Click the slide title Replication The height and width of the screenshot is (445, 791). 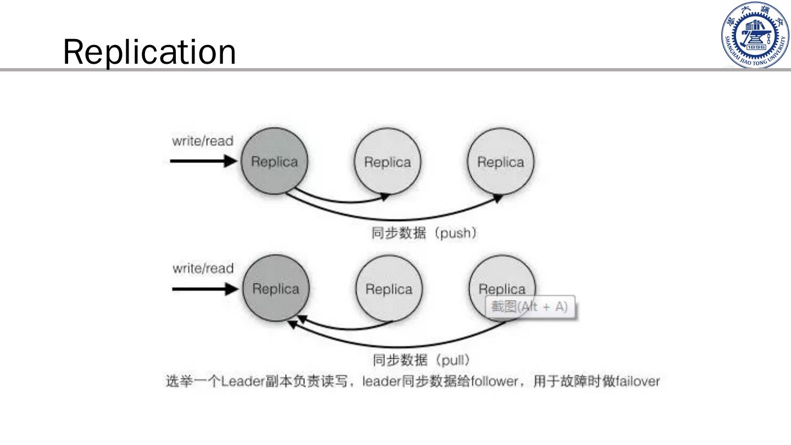coord(149,52)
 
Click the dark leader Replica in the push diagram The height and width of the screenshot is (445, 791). coord(274,162)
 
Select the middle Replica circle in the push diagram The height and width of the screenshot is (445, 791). coord(387,162)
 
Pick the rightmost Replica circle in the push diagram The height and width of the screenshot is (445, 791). coord(500,162)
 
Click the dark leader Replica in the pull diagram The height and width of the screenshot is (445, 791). coord(275,289)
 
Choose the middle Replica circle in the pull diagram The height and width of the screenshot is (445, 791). coord(389,289)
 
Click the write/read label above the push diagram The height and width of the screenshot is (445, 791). coord(203,141)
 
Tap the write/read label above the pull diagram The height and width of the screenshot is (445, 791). coord(203,269)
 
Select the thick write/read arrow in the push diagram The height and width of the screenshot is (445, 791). coord(203,161)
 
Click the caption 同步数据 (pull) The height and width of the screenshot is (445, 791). coord(421,360)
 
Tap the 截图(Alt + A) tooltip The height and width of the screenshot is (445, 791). coord(529,307)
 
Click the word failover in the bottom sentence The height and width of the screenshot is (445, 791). coord(637,381)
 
